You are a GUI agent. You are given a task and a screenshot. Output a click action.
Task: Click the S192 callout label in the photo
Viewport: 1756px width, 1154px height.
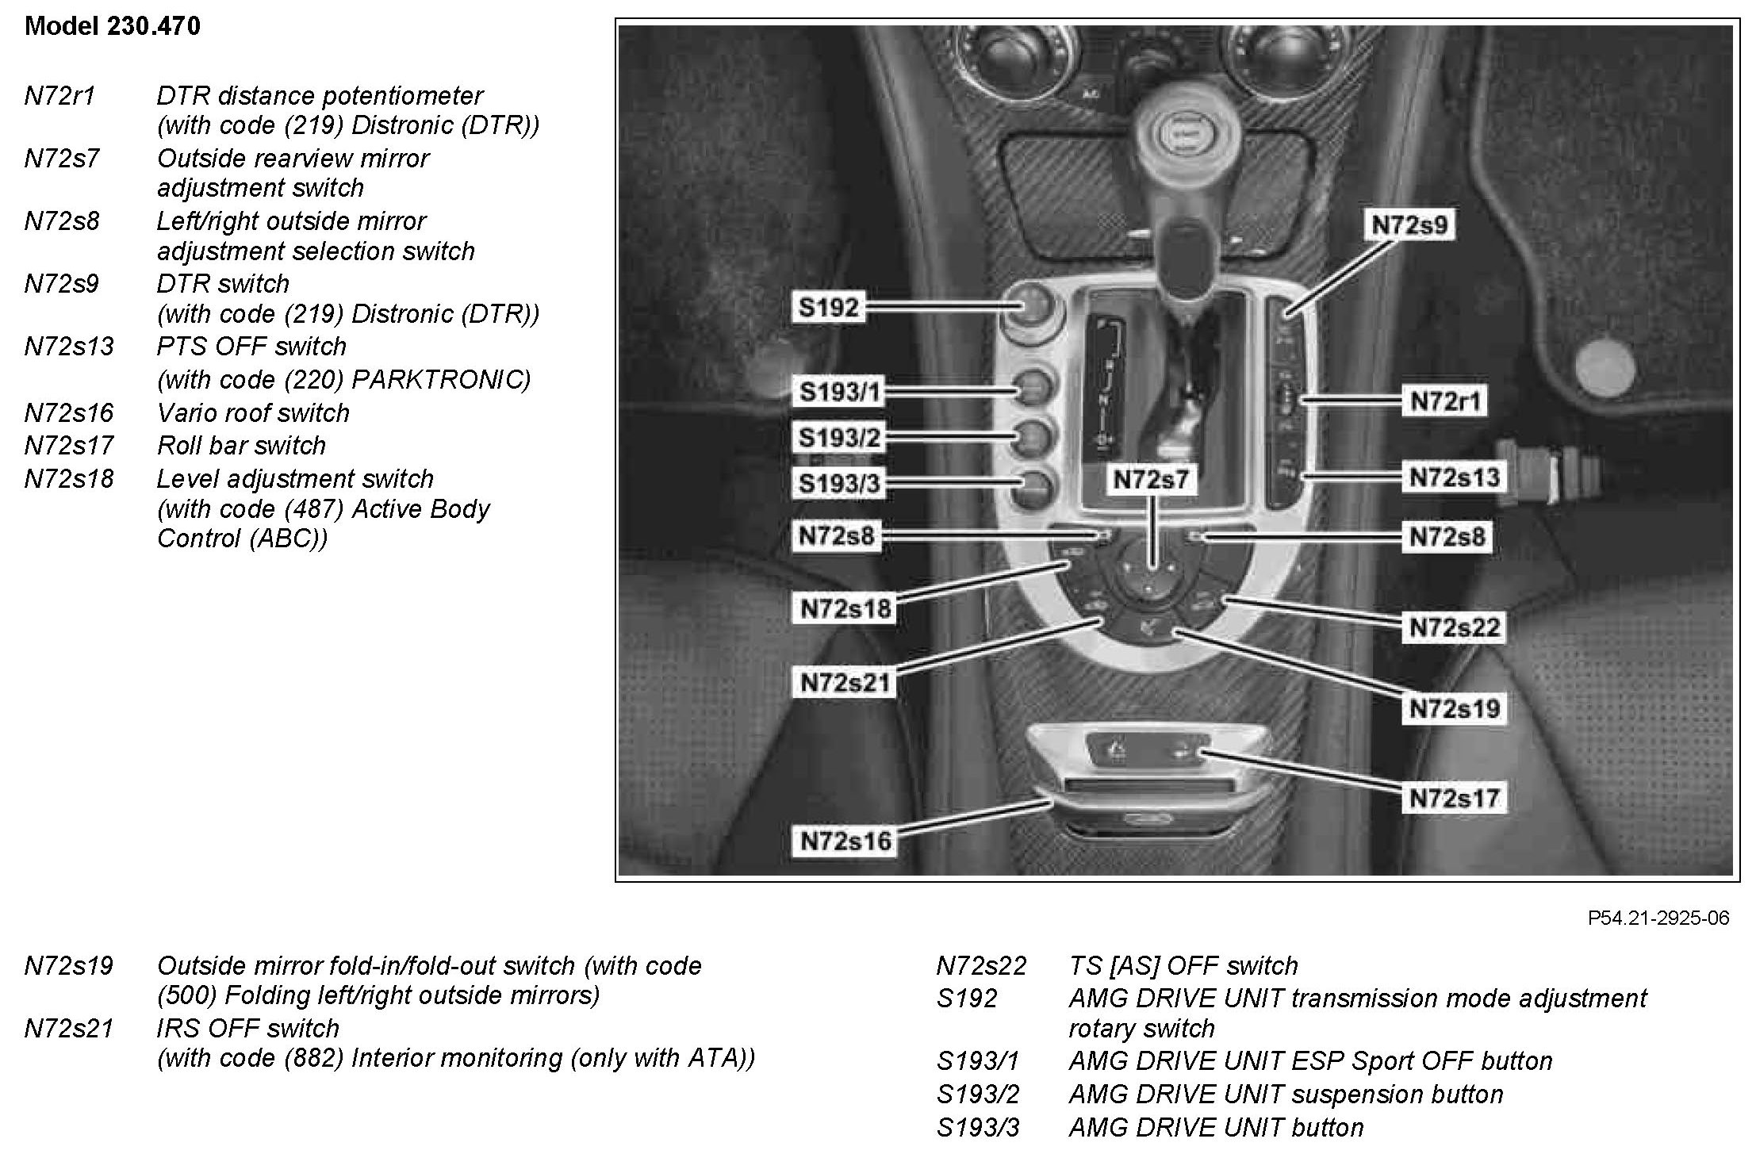click(x=828, y=307)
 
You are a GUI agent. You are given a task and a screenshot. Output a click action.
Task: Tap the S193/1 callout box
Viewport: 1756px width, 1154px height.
click(x=840, y=392)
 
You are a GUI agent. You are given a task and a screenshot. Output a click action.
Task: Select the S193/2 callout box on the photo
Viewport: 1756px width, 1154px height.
click(x=840, y=438)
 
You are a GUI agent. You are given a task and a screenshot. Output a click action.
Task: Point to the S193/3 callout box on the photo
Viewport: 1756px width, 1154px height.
click(x=840, y=484)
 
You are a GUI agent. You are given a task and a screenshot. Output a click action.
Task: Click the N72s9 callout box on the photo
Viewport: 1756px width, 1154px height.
click(x=1409, y=225)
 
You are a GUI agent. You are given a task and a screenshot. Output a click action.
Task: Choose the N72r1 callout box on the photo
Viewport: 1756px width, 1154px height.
click(x=1445, y=401)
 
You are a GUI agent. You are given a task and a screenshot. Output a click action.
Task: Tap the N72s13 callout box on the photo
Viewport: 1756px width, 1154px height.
click(x=1455, y=477)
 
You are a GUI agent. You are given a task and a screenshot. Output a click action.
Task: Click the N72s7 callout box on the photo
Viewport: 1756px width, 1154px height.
click(x=1151, y=480)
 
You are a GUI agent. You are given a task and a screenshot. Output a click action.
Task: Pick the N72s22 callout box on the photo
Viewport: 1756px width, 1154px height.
click(x=1455, y=628)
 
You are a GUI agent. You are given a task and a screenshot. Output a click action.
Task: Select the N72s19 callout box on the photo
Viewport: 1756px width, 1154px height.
click(x=1455, y=708)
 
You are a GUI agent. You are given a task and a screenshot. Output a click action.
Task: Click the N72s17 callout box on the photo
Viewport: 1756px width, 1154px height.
click(x=1455, y=798)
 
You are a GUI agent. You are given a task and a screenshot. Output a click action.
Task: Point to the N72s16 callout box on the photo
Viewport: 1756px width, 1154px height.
click(x=846, y=841)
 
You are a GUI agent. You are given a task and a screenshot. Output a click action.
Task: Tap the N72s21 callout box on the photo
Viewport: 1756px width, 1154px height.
click(x=845, y=682)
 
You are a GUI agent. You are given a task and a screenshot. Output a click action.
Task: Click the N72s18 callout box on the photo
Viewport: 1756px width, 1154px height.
click(x=845, y=609)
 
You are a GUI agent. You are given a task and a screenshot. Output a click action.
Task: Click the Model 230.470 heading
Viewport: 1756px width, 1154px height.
click(x=113, y=26)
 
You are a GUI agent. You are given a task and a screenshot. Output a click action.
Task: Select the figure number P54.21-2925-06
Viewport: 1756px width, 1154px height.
click(x=1658, y=918)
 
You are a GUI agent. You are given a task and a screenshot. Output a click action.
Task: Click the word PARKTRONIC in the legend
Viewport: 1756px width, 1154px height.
click(x=440, y=380)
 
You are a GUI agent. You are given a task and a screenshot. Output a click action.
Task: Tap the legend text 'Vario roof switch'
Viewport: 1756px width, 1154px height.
click(x=253, y=413)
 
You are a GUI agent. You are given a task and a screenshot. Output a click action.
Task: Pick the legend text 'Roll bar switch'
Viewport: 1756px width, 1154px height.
click(x=241, y=446)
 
